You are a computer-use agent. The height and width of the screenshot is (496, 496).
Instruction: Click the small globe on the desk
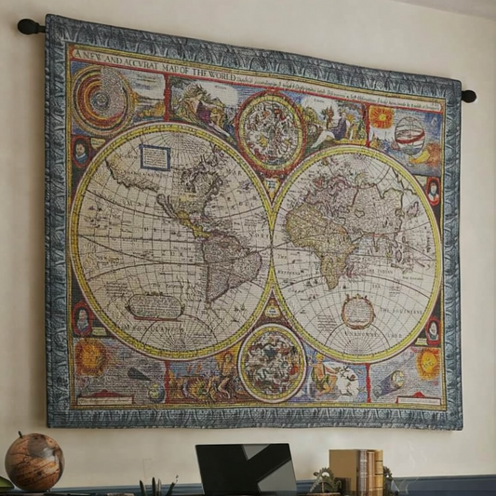pos(34,462)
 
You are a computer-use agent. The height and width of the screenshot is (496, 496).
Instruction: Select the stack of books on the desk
pos(356,472)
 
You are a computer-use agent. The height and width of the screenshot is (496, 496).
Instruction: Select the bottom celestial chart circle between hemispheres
pos(272,362)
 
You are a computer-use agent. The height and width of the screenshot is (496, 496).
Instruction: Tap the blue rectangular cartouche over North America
pos(155,157)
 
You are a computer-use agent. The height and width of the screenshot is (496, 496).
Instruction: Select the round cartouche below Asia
pos(357,312)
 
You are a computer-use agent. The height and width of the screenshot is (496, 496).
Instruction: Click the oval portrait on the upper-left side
pos(82,152)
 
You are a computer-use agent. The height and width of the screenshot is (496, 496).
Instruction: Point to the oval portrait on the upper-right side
pos(433,191)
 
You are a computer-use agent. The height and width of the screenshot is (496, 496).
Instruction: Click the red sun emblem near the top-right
pos(381,117)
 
